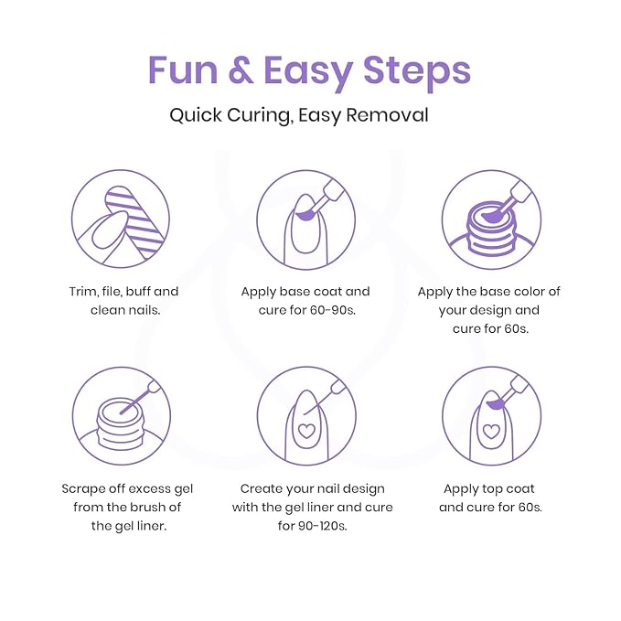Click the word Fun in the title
(183, 70)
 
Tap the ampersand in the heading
(241, 70)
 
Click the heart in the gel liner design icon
(305, 431)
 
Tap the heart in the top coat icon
(491, 431)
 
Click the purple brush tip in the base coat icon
(305, 215)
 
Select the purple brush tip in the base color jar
(491, 216)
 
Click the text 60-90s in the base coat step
(333, 310)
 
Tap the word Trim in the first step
(83, 292)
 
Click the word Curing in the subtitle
(260, 115)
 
